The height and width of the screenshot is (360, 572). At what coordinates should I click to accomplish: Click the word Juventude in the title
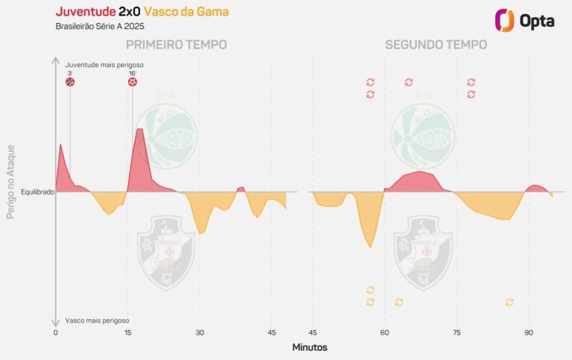(85, 13)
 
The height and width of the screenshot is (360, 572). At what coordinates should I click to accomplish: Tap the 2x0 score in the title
(129, 13)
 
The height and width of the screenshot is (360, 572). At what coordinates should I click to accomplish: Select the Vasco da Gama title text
(186, 13)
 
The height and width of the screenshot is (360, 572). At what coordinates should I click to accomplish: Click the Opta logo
(525, 20)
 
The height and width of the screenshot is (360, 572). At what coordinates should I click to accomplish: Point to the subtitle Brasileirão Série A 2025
(99, 28)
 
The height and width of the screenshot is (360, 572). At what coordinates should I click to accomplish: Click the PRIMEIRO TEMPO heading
(176, 45)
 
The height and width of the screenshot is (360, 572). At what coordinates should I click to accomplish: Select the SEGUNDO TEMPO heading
(436, 45)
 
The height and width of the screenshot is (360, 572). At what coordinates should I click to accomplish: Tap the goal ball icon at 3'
(70, 82)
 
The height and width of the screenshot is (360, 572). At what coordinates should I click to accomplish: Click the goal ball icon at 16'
(133, 82)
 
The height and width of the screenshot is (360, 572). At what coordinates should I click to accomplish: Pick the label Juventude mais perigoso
(104, 65)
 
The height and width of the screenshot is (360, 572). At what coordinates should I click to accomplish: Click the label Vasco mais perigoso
(96, 320)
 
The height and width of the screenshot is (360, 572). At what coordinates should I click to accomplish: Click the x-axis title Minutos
(309, 347)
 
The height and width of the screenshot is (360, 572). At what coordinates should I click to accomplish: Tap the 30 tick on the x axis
(200, 332)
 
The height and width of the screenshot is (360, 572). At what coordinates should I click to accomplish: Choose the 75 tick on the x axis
(457, 332)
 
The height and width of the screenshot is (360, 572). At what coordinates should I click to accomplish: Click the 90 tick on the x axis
(529, 332)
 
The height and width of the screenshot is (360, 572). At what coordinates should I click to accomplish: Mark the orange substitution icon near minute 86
(509, 302)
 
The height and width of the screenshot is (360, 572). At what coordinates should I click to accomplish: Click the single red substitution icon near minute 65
(409, 82)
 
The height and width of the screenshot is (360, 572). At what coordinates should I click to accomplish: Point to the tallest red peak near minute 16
(139, 130)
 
